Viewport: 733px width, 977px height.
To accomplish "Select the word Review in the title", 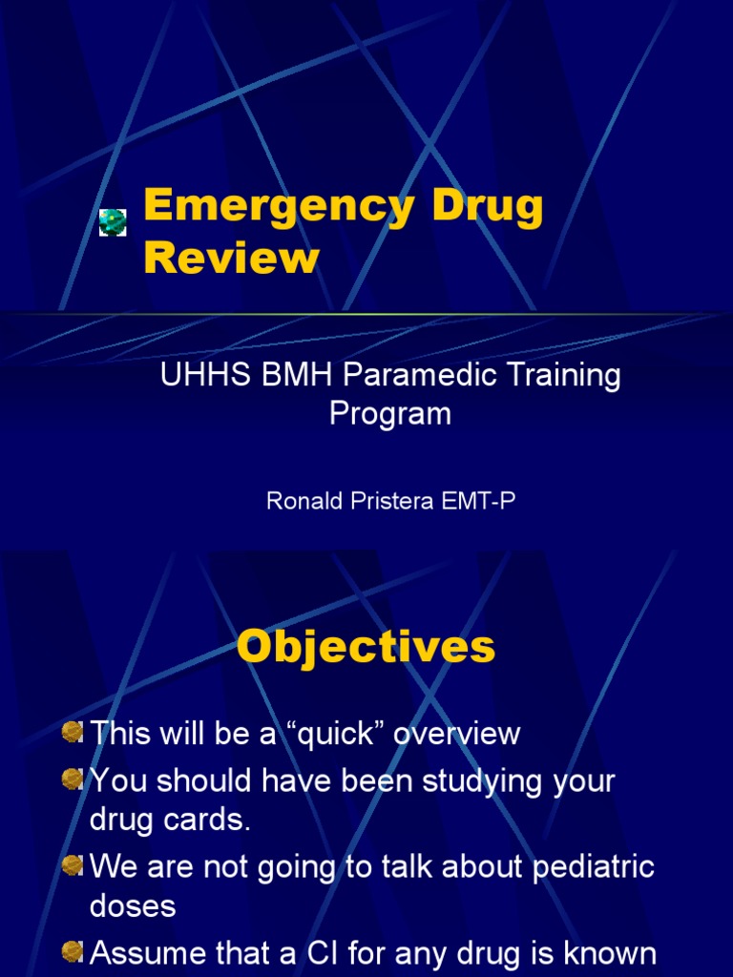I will [231, 258].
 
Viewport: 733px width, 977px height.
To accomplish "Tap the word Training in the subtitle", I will [565, 376].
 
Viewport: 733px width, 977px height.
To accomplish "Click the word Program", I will [389, 414].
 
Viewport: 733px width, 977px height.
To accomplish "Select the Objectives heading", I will [366, 647].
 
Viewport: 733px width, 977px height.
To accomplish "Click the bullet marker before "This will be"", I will [72, 733].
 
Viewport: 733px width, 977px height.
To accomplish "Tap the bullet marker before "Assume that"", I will [72, 951].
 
